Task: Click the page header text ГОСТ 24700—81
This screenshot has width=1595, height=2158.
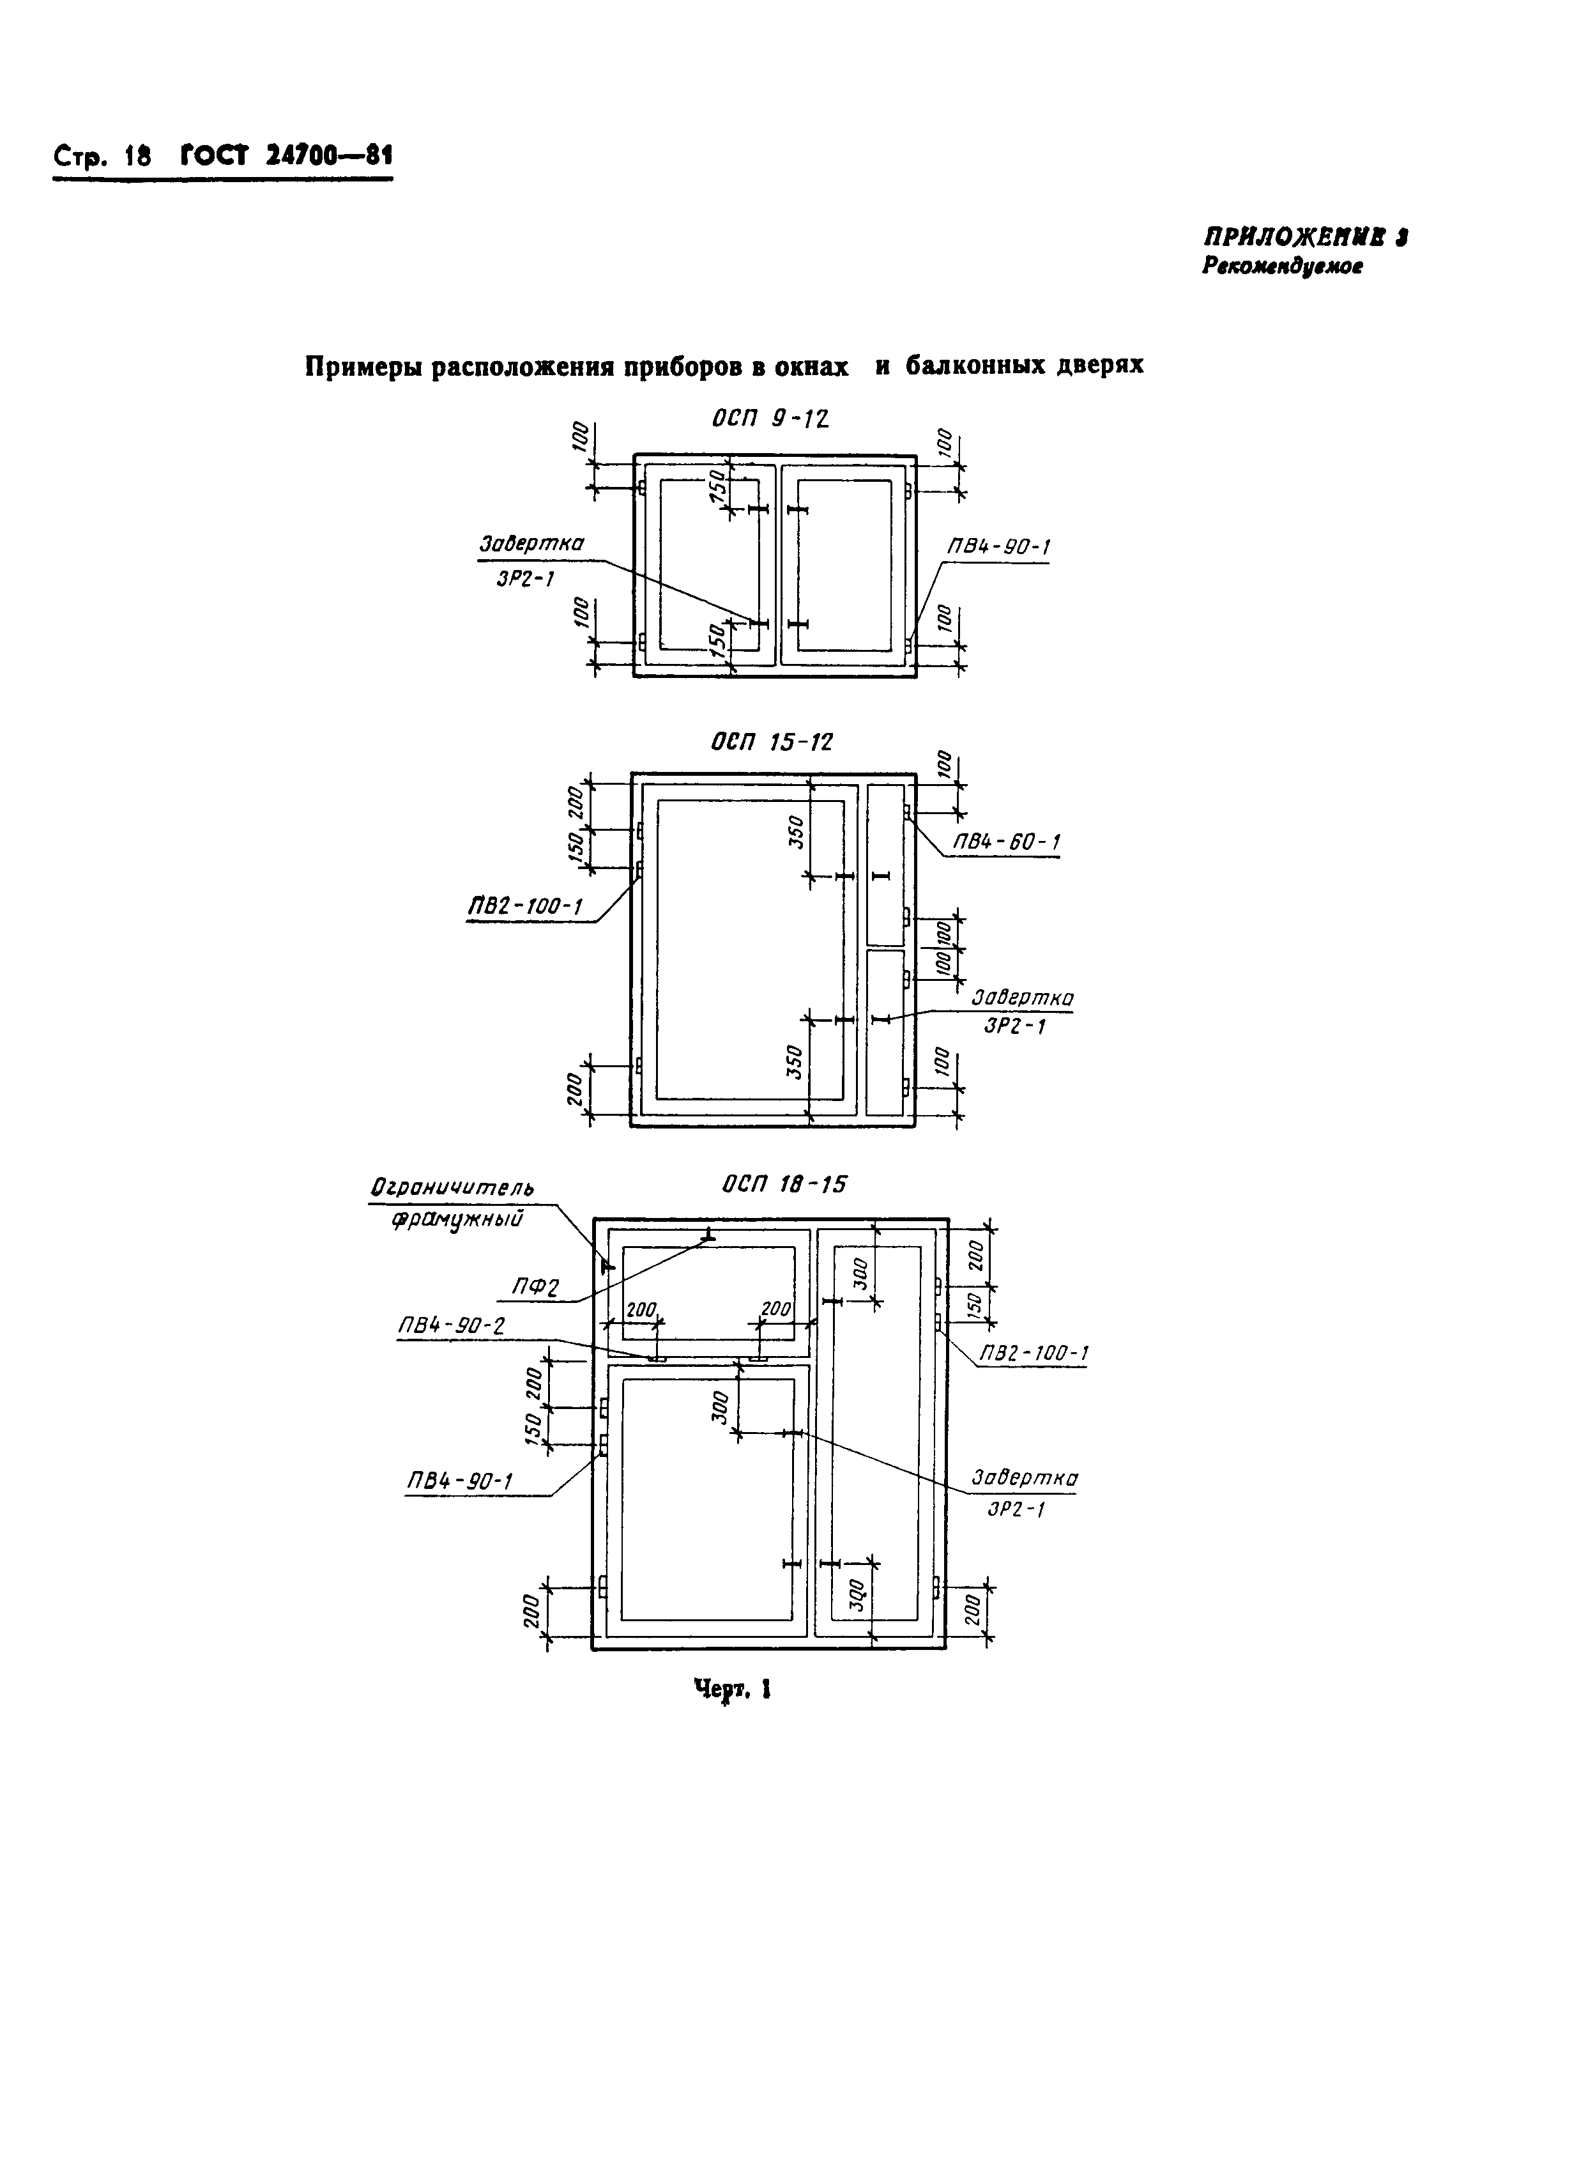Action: [x=287, y=157]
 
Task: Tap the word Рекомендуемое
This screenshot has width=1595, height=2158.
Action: [x=1282, y=268]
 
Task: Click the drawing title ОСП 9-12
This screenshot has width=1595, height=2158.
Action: [x=770, y=419]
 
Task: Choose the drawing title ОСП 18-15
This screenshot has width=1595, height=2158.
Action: [x=783, y=1184]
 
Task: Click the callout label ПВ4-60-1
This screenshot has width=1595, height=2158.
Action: [x=1007, y=842]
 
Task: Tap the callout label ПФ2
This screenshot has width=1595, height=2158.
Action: [x=536, y=1288]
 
